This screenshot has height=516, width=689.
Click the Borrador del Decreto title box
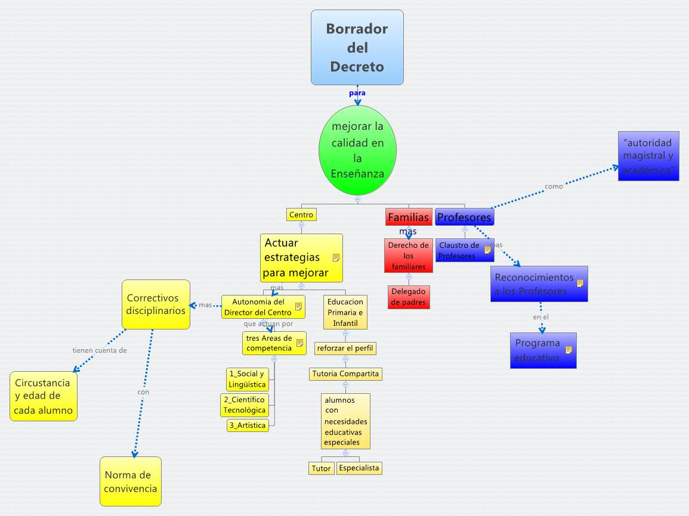pos(357,47)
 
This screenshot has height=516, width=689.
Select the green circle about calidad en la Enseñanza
pos(357,150)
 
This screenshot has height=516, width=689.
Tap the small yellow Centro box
pos(301,215)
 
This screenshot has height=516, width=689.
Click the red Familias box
pos(408,217)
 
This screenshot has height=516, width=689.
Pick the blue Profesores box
pos(464,217)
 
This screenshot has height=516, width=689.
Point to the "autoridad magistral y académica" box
pos(648,156)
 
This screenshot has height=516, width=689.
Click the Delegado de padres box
pos(409,297)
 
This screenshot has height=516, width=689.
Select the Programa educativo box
pos(543,350)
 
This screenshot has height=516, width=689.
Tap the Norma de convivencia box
pos(131,481)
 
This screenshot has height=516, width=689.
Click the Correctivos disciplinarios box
pos(156,304)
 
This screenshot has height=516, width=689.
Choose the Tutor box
pos(321,468)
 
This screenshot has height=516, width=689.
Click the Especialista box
pos(359,468)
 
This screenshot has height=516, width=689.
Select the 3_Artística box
pos(247,425)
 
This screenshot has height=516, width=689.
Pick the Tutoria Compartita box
pos(345,374)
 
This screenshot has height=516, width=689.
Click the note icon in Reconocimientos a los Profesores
pos(579,284)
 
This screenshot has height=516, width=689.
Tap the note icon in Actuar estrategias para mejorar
pos(336,257)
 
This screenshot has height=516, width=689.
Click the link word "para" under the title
pos(357,93)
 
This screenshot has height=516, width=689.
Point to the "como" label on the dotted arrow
pos(554,186)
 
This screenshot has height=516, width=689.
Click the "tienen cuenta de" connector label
pos(100,350)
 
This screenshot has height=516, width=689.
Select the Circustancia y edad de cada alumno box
pos(44,396)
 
